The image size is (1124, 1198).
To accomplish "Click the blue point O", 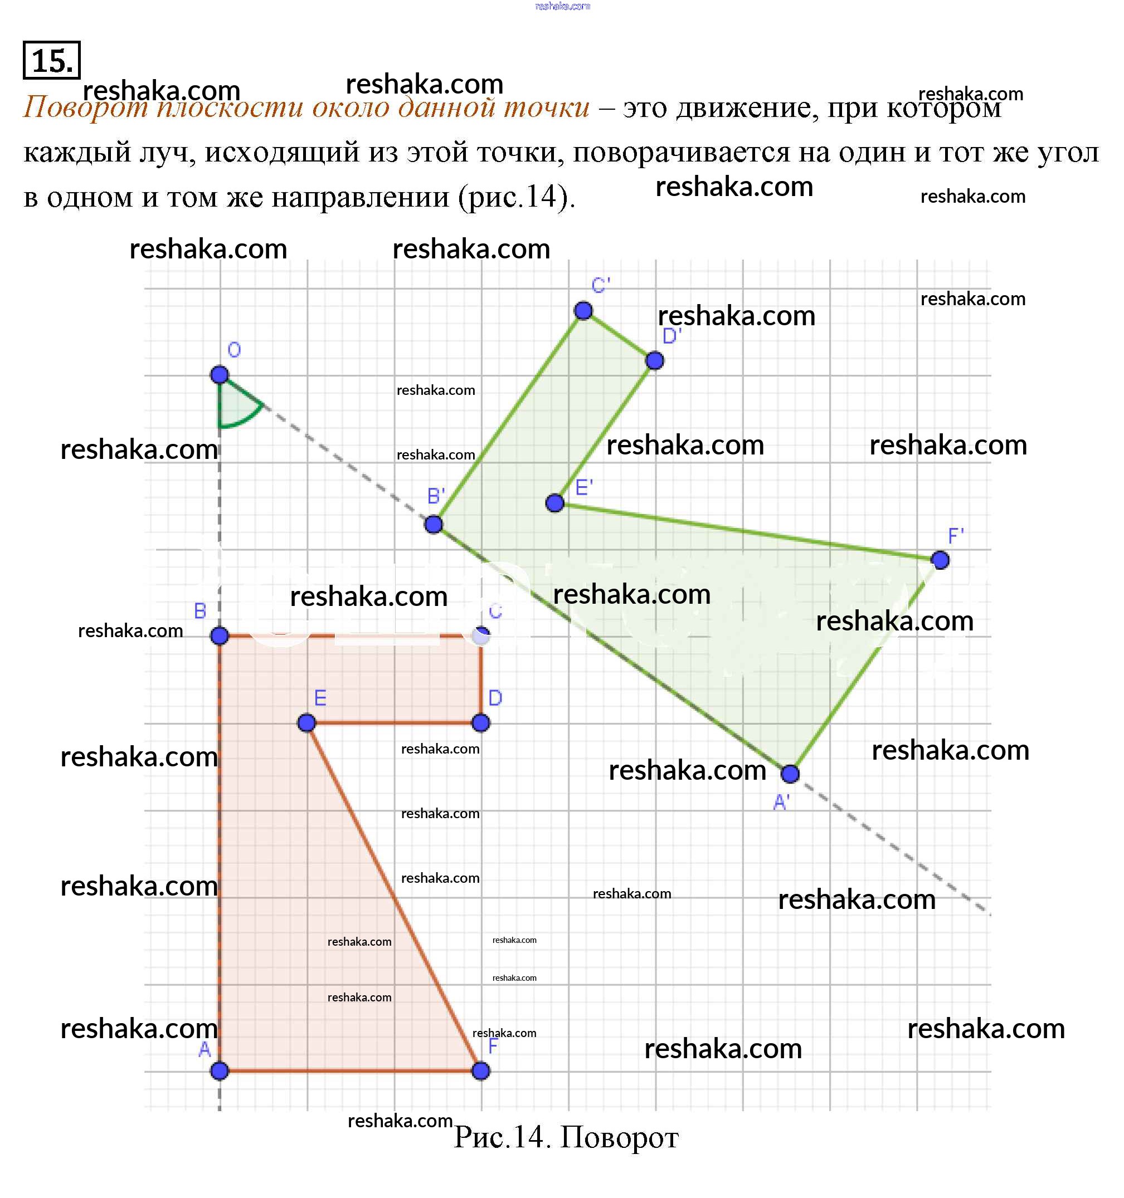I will (220, 375).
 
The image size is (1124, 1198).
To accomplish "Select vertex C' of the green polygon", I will (583, 311).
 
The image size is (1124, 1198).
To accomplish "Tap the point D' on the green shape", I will (654, 361).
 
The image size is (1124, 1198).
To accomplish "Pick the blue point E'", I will (555, 502).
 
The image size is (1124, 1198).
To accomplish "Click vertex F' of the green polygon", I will (940, 560).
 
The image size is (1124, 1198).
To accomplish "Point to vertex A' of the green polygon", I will (790, 773).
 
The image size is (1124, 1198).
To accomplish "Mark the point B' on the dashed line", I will (434, 524).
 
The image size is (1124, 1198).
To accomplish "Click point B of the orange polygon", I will (220, 635).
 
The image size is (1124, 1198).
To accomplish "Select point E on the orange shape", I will (306, 722).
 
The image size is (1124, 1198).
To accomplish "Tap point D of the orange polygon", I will (480, 722).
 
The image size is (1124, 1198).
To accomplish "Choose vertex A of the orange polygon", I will (220, 1071).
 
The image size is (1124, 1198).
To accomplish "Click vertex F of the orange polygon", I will (480, 1071).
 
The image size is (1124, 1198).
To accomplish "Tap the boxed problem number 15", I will (52, 60).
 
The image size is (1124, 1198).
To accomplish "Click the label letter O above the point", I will (234, 350).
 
